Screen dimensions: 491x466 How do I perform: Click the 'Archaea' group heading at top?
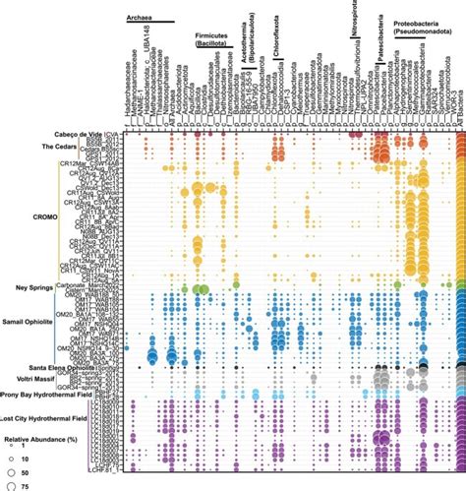[144, 15]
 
